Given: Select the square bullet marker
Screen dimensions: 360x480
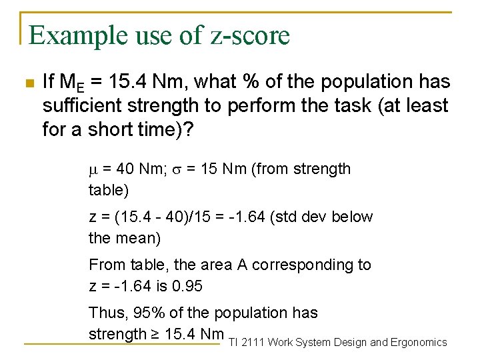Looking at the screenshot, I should [x=27, y=83].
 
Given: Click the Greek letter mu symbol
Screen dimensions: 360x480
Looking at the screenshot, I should [x=93, y=170].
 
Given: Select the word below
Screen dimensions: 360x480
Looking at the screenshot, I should [x=352, y=217].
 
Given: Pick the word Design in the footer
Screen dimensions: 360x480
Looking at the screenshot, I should [x=349, y=343].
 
